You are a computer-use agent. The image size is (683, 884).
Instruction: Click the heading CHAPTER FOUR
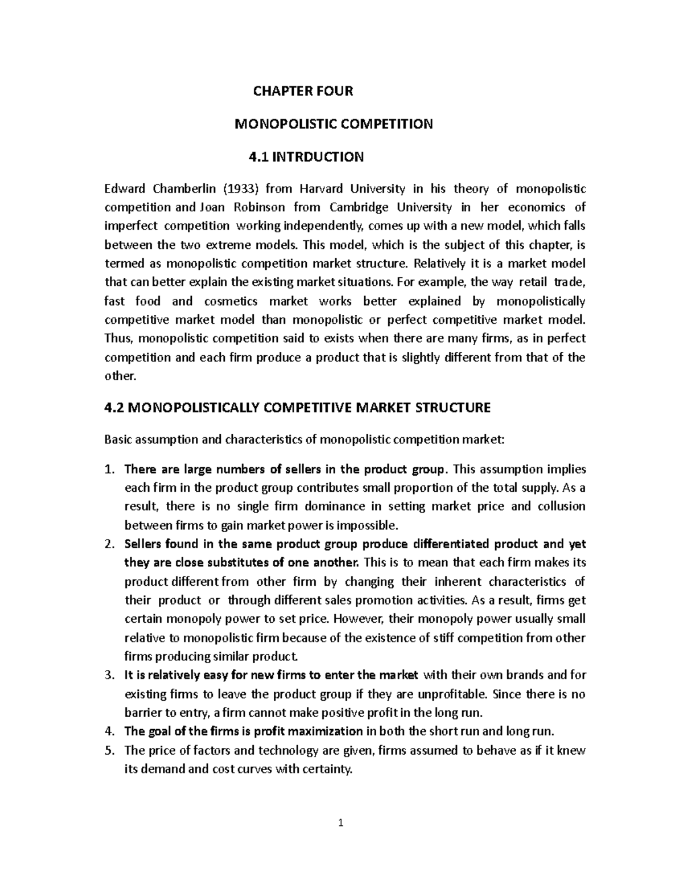[303, 91]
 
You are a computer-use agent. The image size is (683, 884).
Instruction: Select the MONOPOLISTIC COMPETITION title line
[334, 124]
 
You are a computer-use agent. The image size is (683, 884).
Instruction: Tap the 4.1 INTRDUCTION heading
[306, 157]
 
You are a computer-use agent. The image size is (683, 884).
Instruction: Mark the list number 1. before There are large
[110, 470]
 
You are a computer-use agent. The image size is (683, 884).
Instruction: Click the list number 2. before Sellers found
[110, 544]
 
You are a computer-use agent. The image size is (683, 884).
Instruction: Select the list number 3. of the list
[110, 675]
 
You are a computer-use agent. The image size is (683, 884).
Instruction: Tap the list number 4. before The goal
[110, 731]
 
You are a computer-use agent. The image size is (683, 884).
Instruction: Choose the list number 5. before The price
[110, 750]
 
